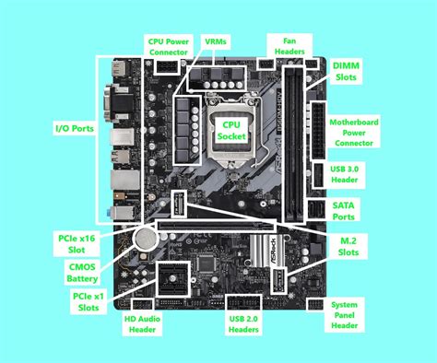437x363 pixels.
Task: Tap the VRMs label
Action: tap(218, 41)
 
